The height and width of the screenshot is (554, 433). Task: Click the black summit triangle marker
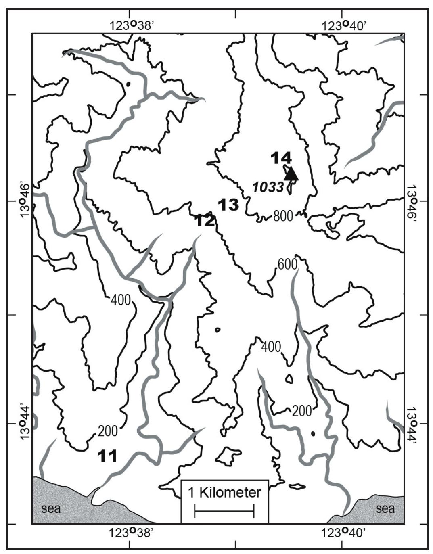tap(291, 174)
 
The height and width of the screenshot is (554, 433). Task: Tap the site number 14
tap(281, 158)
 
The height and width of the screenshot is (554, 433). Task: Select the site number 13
tap(228, 205)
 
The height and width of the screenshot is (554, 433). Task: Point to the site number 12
tap(205, 221)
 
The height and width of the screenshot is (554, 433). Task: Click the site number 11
tap(107, 456)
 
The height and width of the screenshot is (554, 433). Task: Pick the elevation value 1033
tap(268, 187)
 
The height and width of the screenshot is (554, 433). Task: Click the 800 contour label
tap(282, 216)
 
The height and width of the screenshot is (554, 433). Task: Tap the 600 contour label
tap(287, 264)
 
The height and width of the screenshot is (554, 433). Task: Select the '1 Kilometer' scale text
tap(224, 493)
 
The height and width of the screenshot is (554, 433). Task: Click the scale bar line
tap(224, 511)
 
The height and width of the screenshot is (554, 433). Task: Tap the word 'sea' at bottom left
tap(51, 508)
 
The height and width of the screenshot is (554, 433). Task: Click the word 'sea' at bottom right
tap(385, 508)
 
